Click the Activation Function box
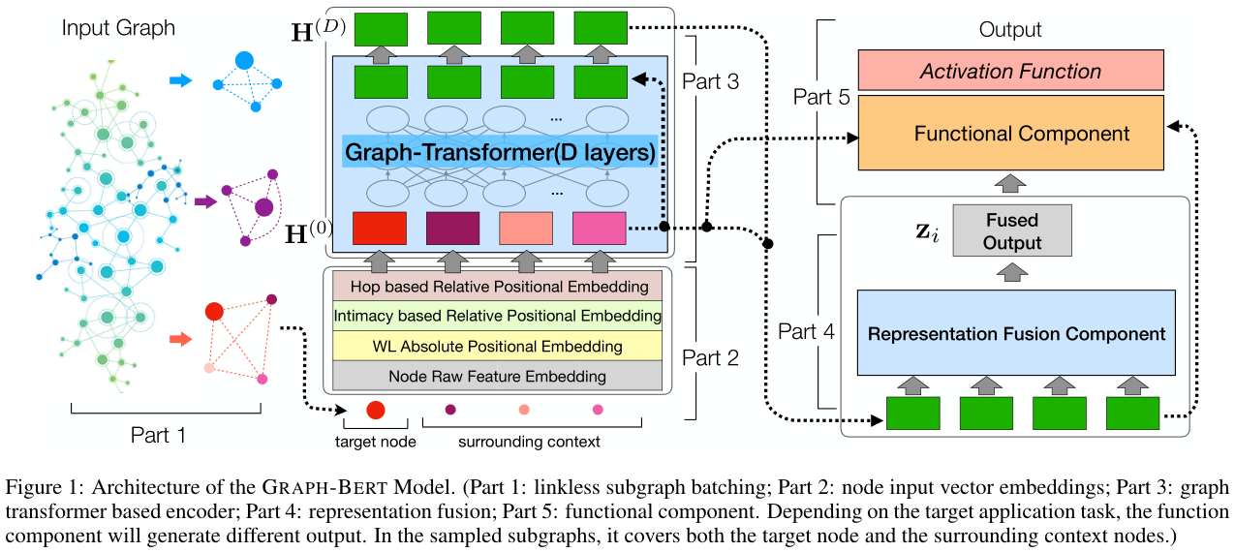click(x=1010, y=70)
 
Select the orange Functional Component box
click(x=1010, y=133)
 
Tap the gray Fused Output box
click(x=1012, y=230)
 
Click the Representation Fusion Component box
click(x=1016, y=333)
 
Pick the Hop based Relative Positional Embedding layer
click(x=497, y=287)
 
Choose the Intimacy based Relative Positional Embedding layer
click(x=497, y=316)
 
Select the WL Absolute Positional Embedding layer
click(x=497, y=346)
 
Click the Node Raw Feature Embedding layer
click(x=497, y=376)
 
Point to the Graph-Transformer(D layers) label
click(x=500, y=152)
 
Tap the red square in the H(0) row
click(x=380, y=229)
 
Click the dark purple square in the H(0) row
click(x=452, y=229)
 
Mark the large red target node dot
click(x=376, y=410)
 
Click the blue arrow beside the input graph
click(x=181, y=80)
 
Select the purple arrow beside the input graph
click(x=205, y=201)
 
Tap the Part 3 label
click(x=710, y=81)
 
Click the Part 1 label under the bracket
click(x=158, y=435)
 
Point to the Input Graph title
click(x=118, y=28)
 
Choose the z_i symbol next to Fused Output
click(x=927, y=232)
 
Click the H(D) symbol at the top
click(x=318, y=30)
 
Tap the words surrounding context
click(x=529, y=442)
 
